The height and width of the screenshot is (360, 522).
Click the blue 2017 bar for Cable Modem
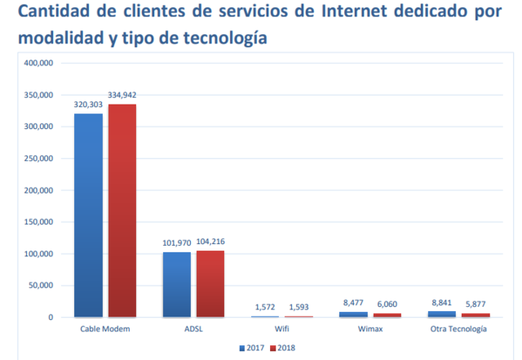click(88, 215)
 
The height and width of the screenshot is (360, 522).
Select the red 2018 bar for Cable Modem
click(122, 211)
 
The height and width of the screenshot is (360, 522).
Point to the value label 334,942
click(123, 96)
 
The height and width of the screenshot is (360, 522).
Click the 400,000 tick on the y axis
click(38, 63)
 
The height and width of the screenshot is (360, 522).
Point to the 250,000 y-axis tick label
click(38, 158)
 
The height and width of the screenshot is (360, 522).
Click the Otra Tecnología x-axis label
click(458, 329)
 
